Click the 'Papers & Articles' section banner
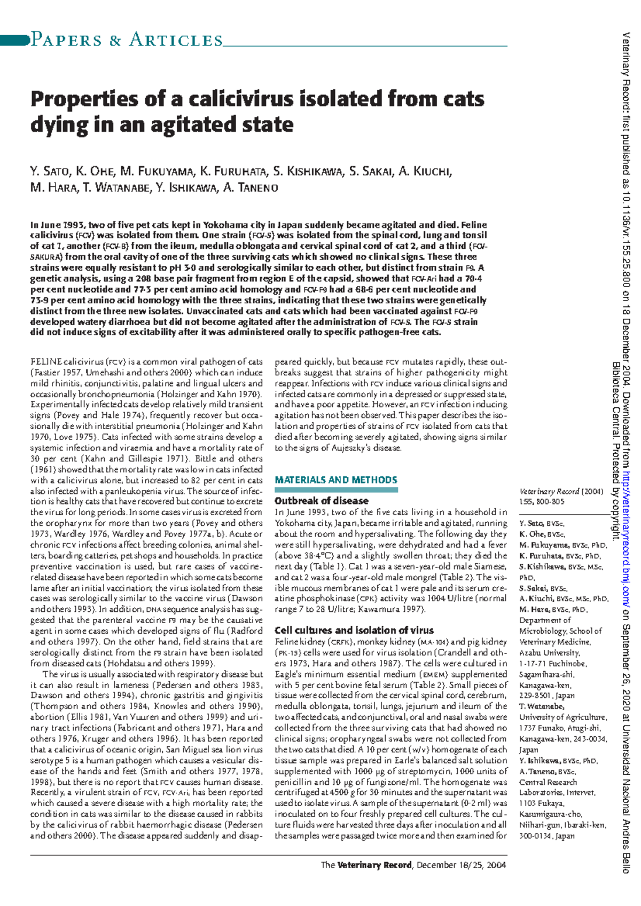point(127,40)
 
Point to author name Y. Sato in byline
point(50,171)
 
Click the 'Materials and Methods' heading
point(335,480)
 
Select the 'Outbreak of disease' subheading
point(321,501)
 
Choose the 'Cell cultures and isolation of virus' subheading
point(354,631)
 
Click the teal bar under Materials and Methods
point(335,489)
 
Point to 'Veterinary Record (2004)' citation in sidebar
point(560,491)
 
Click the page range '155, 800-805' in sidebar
point(541,502)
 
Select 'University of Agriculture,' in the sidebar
point(562,718)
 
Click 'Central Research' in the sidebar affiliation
point(548,782)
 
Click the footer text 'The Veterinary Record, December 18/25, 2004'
point(413,865)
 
